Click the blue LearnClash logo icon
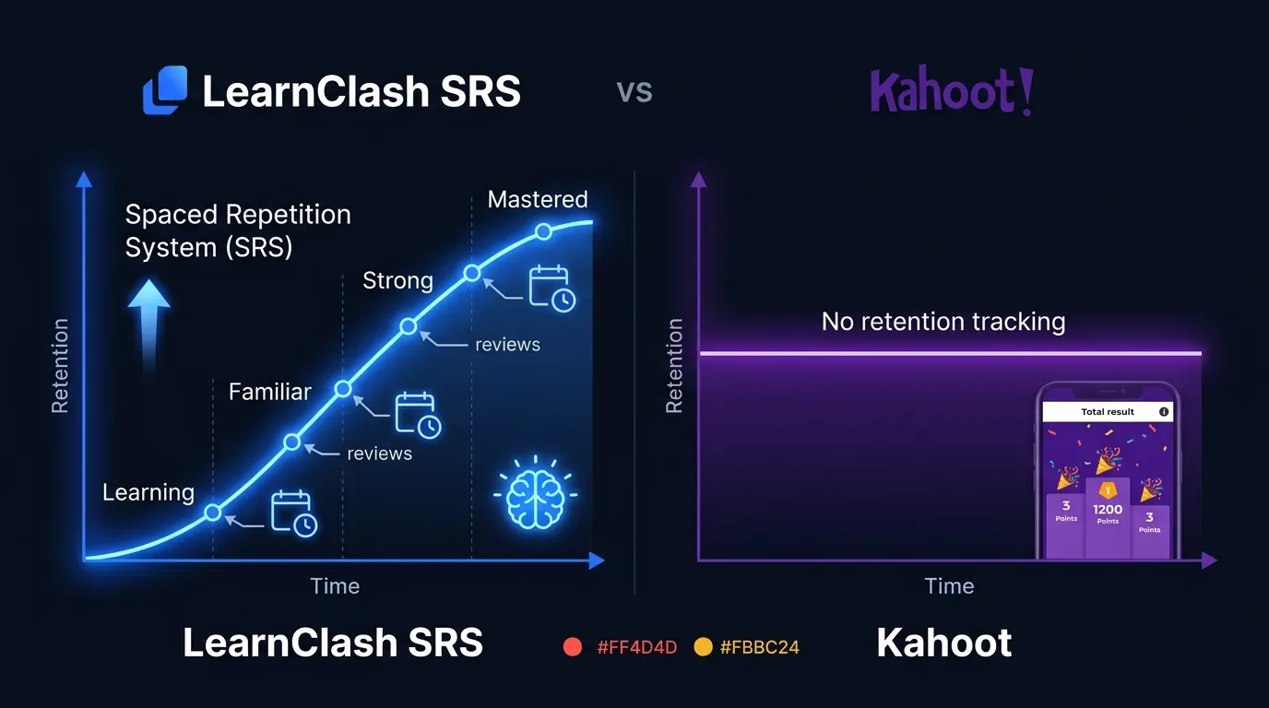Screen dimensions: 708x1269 [165, 90]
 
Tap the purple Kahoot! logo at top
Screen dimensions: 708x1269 [951, 91]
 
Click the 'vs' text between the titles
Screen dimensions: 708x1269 [634, 91]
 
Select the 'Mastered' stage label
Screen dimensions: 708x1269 [538, 199]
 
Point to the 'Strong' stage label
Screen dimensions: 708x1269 [397, 280]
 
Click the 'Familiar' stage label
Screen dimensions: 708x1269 [270, 392]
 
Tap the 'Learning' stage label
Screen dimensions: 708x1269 [148, 492]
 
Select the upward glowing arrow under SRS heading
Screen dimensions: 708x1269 [148, 323]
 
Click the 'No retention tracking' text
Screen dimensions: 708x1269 [943, 322]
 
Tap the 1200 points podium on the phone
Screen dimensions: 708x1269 [1108, 516]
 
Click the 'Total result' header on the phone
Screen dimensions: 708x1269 [1108, 412]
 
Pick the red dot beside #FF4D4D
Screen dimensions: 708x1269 [573, 646]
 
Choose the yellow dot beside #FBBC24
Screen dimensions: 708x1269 [703, 646]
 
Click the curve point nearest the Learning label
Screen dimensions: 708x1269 [213, 513]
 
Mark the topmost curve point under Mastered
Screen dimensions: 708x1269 [544, 231]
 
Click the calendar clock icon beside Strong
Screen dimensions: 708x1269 [551, 288]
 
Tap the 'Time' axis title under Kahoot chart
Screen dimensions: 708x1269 [949, 586]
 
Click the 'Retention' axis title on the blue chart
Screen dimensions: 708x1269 [60, 365]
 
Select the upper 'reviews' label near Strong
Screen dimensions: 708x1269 [507, 345]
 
